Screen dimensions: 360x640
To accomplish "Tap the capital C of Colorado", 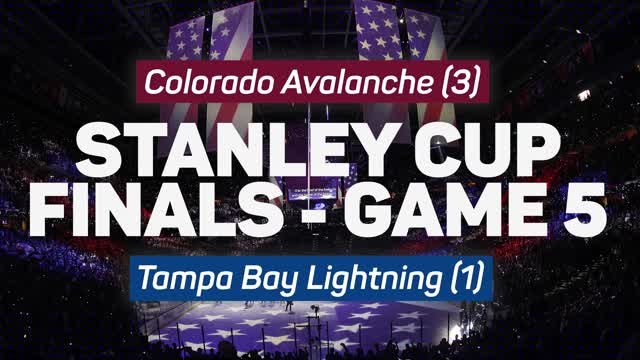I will [154, 82].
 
